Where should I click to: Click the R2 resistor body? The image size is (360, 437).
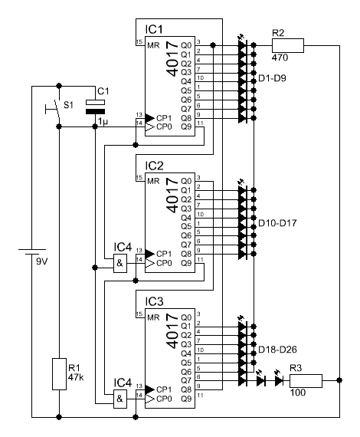(288, 45)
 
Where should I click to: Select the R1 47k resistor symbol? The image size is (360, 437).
(59, 374)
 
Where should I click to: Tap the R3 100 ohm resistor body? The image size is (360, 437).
(306, 381)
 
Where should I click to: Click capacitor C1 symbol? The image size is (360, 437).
(95, 107)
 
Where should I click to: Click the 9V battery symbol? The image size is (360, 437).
(31, 252)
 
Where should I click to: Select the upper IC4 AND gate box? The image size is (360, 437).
(120, 263)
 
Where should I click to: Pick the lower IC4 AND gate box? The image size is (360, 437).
(120, 399)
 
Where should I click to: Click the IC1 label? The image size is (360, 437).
(154, 29)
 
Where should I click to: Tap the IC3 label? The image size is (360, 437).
(154, 301)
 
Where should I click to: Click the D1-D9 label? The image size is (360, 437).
(272, 78)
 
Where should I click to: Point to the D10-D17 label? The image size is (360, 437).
(277, 223)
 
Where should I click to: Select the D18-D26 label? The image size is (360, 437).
(277, 350)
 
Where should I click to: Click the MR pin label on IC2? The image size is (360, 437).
(153, 182)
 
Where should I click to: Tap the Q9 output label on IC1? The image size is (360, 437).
(186, 127)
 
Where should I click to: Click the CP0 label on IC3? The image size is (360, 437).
(164, 399)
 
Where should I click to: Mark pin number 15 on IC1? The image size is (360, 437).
(139, 42)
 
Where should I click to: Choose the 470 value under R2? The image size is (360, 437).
(280, 58)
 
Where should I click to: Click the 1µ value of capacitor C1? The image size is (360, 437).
(103, 122)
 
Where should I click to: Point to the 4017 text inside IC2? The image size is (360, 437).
(172, 195)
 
